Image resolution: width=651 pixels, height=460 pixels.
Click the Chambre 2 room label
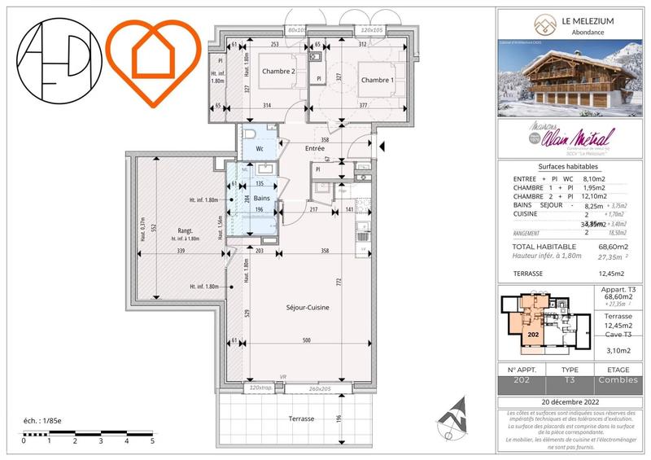[x=278, y=72]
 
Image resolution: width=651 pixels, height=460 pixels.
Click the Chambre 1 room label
[x=378, y=80]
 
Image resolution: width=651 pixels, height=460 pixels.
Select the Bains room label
[x=261, y=198]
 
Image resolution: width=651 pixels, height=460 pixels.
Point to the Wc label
[x=260, y=149]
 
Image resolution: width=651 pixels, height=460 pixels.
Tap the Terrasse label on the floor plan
[x=300, y=418]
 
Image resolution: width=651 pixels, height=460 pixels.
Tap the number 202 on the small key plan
[x=534, y=334]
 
